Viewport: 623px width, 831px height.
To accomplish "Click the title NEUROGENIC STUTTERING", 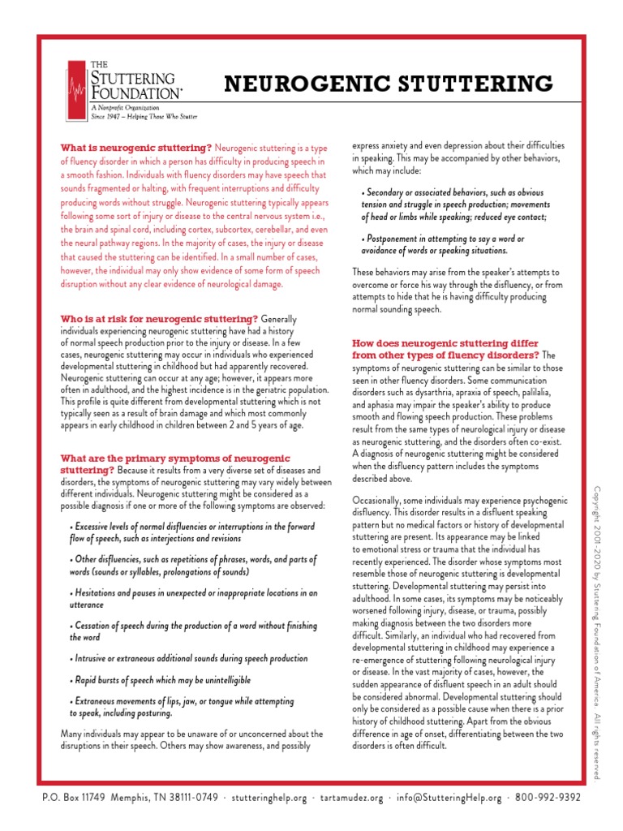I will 389,83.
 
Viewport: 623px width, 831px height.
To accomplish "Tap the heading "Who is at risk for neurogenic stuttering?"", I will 160,319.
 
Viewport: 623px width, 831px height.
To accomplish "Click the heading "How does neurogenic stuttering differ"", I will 445,343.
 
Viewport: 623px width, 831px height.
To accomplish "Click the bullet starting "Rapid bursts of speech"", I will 161,679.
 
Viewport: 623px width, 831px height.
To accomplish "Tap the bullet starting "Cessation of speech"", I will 193,631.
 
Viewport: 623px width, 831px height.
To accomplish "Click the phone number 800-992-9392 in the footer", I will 548,797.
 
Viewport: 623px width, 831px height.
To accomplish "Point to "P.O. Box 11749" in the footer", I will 74,797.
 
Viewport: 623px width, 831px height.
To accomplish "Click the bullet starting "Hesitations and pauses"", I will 193,598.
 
